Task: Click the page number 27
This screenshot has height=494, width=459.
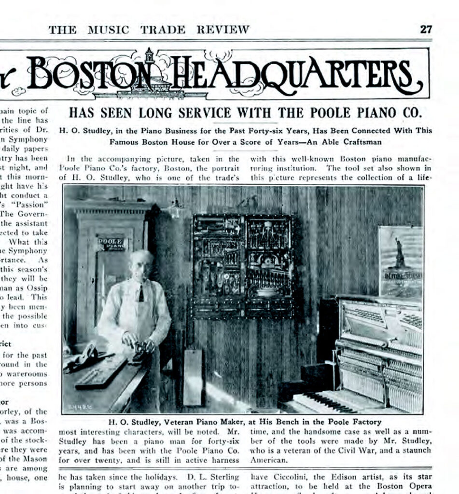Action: tap(426, 29)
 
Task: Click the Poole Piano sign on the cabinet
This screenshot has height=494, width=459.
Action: tap(111, 243)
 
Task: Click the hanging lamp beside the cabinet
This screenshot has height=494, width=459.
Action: tap(176, 208)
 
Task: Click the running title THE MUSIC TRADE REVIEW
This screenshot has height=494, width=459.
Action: tap(149, 29)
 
